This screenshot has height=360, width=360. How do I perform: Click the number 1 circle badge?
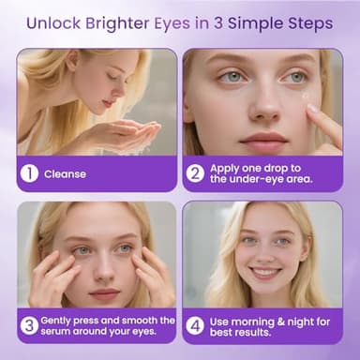(x=31, y=173)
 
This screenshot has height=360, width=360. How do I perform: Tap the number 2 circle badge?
(x=196, y=173)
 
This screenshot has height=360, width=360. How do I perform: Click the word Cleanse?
(x=65, y=173)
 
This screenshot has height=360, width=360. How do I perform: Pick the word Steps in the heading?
(x=304, y=20)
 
